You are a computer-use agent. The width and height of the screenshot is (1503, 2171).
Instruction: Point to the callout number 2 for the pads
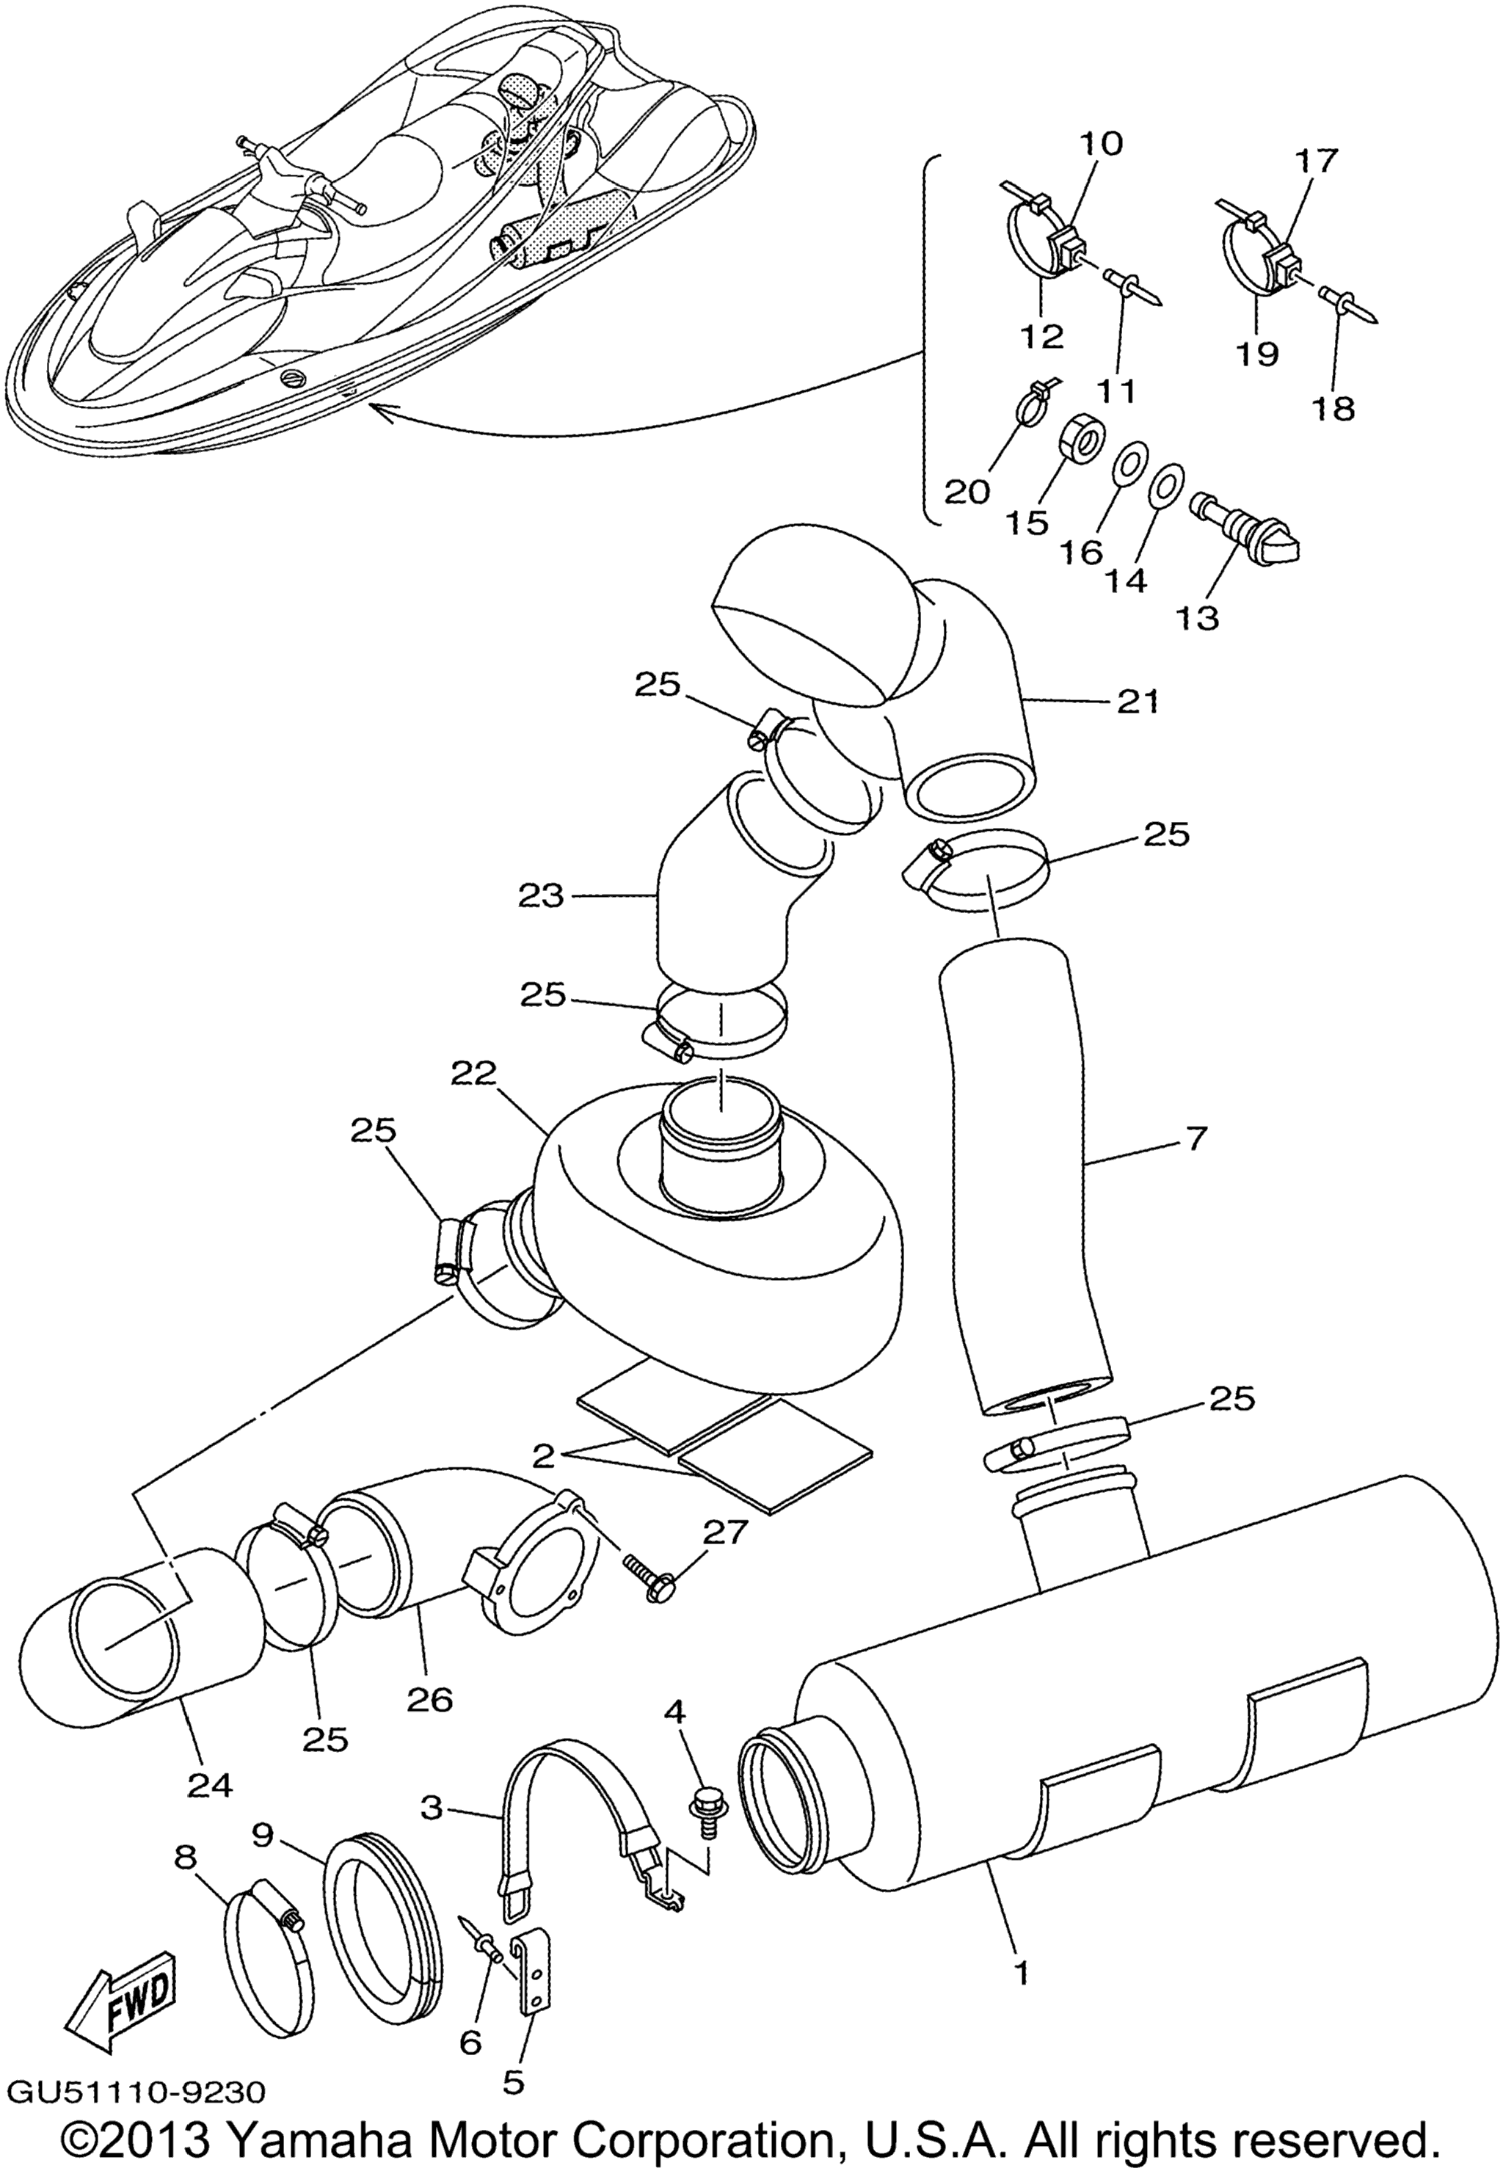[x=542, y=1455]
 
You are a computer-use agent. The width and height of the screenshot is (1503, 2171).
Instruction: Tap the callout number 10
[x=1101, y=144]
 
